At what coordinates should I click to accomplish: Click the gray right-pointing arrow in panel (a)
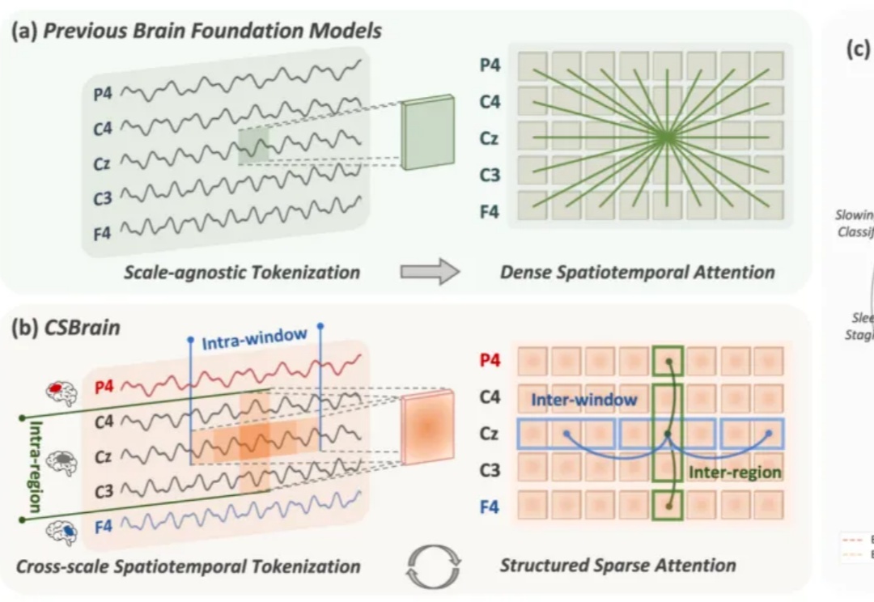coord(441,272)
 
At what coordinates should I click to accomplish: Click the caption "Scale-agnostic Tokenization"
coord(242,272)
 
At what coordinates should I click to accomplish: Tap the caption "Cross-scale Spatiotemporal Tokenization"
coord(188,565)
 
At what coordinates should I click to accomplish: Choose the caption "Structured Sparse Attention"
coord(617,564)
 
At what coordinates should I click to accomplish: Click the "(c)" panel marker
coord(857,50)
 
